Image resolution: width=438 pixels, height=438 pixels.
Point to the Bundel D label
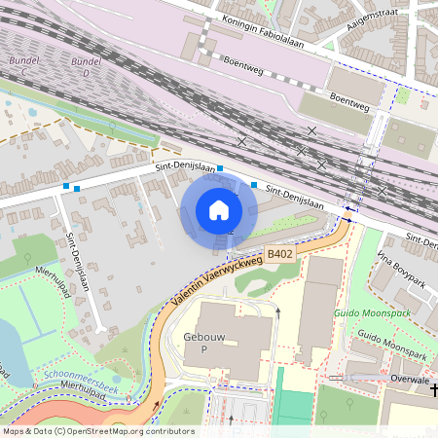click(x=87, y=66)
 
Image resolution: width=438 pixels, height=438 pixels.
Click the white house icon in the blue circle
click(x=219, y=209)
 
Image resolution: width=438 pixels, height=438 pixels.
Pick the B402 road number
click(x=280, y=254)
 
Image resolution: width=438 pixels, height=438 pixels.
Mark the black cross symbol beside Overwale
click(x=432, y=389)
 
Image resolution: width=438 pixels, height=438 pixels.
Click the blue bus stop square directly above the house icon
click(x=220, y=168)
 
